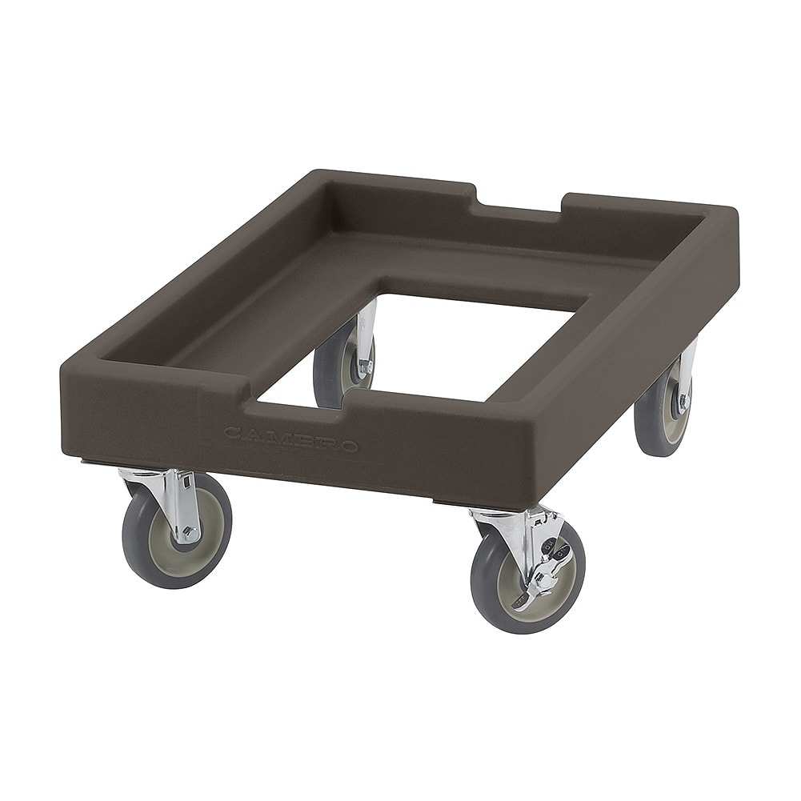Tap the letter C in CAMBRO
(x=234, y=433)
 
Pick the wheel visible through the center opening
(x=343, y=363)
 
